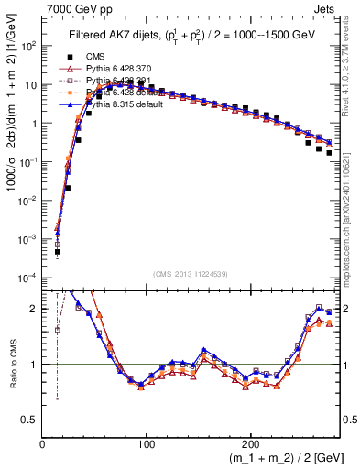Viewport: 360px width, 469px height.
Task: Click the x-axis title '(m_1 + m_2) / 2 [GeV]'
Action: pos(275,459)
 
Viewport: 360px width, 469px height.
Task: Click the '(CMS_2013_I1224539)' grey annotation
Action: pos(191,272)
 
